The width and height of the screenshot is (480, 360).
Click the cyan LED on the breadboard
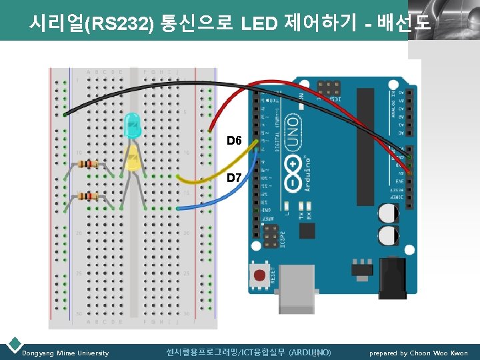click(x=133, y=126)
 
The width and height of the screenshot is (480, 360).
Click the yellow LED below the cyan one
click(x=133, y=160)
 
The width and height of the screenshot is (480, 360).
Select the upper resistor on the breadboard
click(x=87, y=164)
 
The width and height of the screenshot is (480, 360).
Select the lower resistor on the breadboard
click(x=87, y=196)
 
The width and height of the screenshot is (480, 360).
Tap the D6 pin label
click(x=233, y=140)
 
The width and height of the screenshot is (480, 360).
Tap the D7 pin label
click(x=233, y=178)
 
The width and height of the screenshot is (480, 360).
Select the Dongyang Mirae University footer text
click(x=65, y=353)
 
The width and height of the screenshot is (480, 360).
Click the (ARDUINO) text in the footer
click(x=310, y=352)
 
